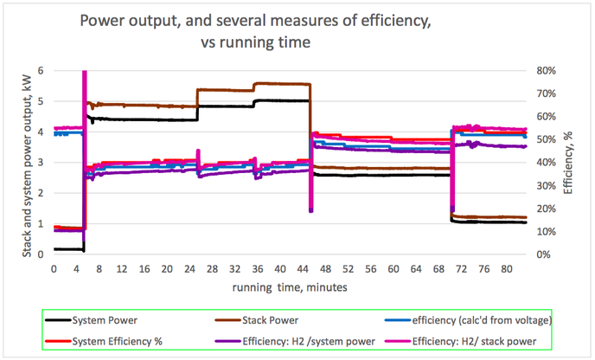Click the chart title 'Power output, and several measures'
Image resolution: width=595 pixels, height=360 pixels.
(x=297, y=19)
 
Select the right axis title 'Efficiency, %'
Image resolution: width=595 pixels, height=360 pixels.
(x=568, y=163)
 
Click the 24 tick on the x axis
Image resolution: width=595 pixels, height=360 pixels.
(x=189, y=268)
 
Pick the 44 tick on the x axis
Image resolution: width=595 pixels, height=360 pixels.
(x=302, y=268)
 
